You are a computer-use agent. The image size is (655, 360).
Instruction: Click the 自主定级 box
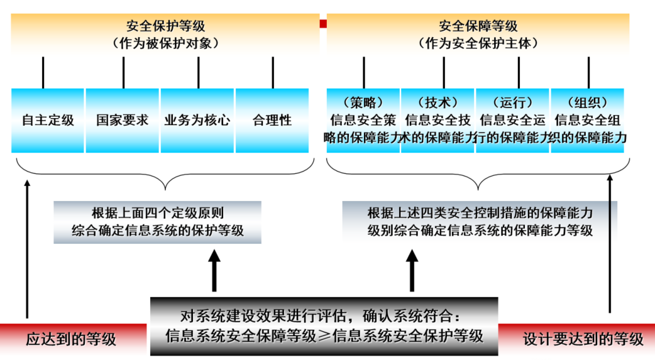(x=48, y=120)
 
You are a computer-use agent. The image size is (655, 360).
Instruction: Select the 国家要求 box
(x=123, y=120)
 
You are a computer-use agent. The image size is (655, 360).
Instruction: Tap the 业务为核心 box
(x=197, y=120)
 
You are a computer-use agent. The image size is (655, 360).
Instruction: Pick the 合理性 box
(x=272, y=120)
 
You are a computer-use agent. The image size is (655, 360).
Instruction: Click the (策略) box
(x=363, y=120)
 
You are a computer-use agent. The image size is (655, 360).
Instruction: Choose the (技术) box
(x=438, y=120)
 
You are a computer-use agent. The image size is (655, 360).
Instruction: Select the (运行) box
(x=513, y=120)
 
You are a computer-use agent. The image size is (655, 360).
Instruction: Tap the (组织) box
(x=588, y=120)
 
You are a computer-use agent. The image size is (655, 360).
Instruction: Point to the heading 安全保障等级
(x=478, y=26)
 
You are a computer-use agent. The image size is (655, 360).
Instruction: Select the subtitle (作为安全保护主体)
(x=478, y=43)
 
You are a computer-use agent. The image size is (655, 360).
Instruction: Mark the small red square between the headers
(x=323, y=24)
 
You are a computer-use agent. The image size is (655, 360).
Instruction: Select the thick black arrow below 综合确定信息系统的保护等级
(x=214, y=270)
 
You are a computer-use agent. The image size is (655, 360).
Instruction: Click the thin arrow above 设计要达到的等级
(x=609, y=245)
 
